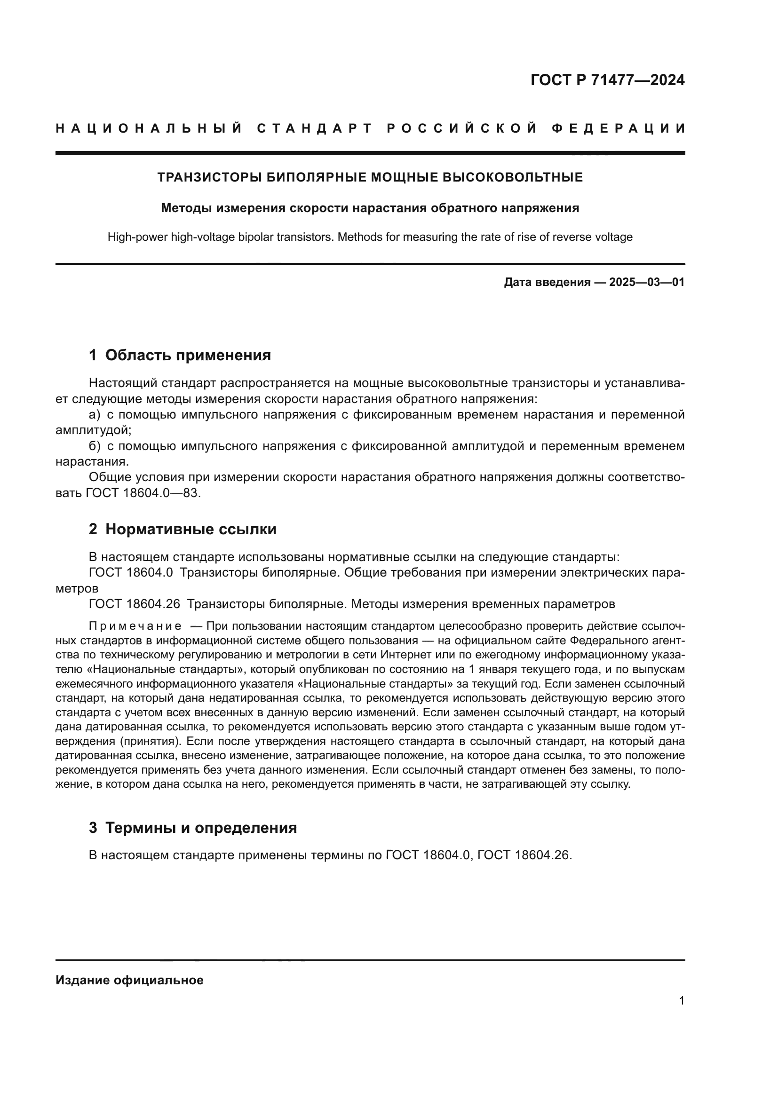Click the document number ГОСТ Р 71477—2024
pos(607,80)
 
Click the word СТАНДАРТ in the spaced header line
pos(315,128)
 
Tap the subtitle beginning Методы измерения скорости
pos(370,208)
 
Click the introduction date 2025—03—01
pos(647,282)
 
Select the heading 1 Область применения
pos(180,355)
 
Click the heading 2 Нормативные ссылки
pos(183,529)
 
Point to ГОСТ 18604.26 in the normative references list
pos(135,604)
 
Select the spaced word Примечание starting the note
pos(135,626)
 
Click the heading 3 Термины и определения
pos(192,828)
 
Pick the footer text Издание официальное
pos(129,980)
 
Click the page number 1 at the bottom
pos(681,1001)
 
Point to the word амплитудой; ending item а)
pos(94,430)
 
